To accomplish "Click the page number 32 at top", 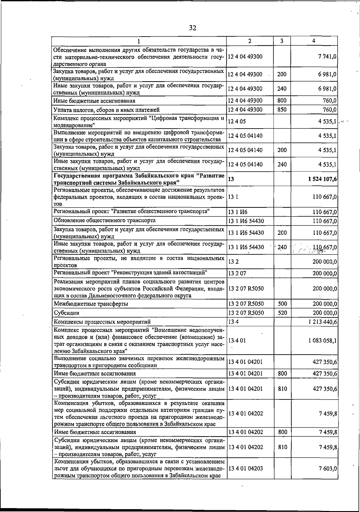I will (193, 28).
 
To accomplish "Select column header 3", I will (282, 41).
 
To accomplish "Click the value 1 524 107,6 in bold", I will (322, 179).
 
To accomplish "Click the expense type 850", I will (282, 110).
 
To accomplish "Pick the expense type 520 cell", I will (282, 313).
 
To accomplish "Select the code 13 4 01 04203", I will (246, 468).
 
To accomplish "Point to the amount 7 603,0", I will (328, 468).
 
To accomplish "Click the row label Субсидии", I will (67, 313).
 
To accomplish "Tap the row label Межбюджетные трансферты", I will (91, 304).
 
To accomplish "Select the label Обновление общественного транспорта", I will (104, 221).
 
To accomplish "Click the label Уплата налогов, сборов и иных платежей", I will (106, 110).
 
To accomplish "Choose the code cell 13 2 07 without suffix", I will (237, 273).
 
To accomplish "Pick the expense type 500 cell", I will (282, 304).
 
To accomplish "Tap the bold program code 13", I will (231, 179).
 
